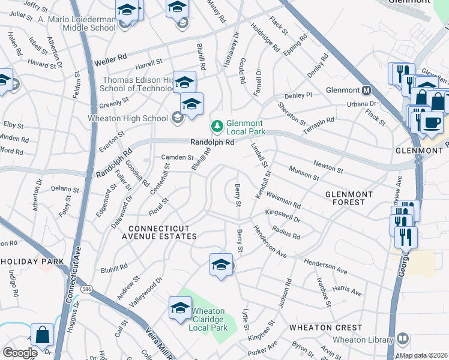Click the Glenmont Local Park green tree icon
point(216,127)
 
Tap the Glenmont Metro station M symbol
point(366,91)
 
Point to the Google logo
point(20,353)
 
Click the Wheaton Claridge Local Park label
point(207,319)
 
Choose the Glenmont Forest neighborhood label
point(353,198)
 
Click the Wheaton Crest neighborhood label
point(325,328)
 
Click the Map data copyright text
point(424,355)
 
